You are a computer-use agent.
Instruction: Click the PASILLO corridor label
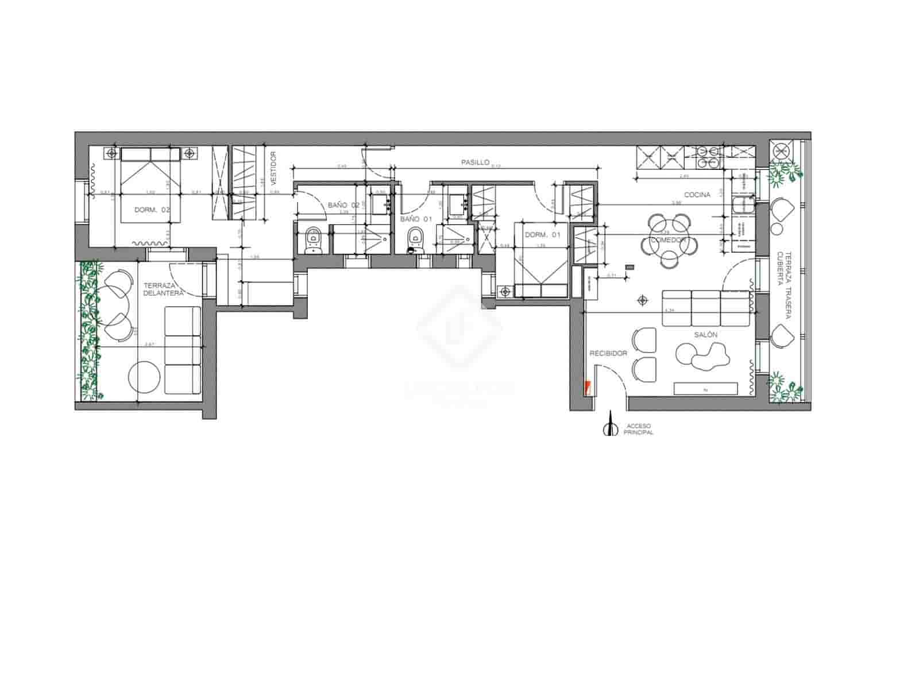pyautogui.click(x=475, y=162)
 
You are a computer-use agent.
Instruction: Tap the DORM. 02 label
pyautogui.click(x=152, y=210)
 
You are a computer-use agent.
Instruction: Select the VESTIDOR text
pyautogui.click(x=273, y=165)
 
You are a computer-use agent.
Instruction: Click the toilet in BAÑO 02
pyautogui.click(x=313, y=239)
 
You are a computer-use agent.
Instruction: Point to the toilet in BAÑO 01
pyautogui.click(x=414, y=239)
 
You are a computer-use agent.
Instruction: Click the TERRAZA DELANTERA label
pyautogui.click(x=163, y=289)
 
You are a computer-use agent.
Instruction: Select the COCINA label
pyautogui.click(x=697, y=195)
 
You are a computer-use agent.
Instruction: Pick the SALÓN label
pyautogui.click(x=706, y=335)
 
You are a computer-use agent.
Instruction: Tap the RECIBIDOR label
pyautogui.click(x=608, y=353)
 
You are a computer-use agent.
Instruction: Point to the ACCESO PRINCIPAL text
pyautogui.click(x=638, y=429)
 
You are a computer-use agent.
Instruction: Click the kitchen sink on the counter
pyautogui.click(x=742, y=204)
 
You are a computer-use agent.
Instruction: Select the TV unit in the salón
pyautogui.click(x=705, y=389)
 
